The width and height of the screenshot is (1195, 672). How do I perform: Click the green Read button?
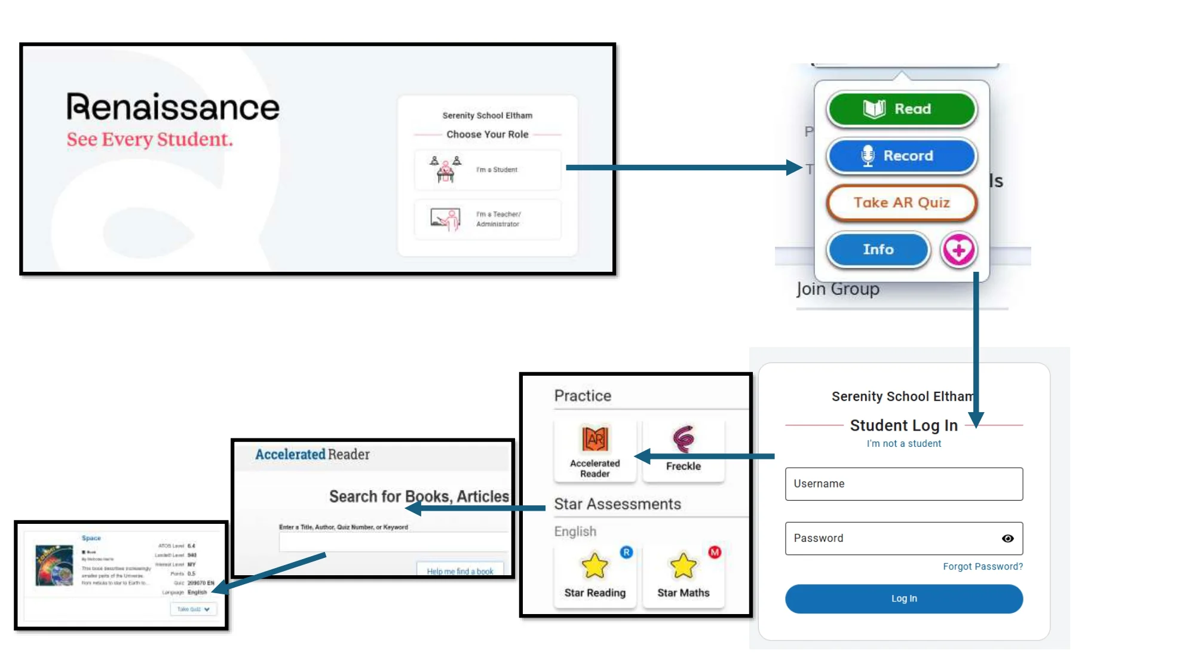click(901, 109)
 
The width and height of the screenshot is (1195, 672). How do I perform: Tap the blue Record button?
click(901, 156)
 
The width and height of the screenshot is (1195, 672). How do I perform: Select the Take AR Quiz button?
click(901, 202)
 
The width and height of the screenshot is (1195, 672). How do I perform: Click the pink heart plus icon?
click(958, 250)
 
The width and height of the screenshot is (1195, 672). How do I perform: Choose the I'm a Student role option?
click(488, 170)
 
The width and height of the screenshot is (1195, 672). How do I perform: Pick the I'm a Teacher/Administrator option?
click(488, 219)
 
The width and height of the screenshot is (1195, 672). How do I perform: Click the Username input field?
click(903, 484)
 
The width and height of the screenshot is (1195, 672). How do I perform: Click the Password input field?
click(890, 538)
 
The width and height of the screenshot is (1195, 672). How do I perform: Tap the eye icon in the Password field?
click(1007, 538)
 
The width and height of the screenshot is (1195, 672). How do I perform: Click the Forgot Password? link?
click(982, 566)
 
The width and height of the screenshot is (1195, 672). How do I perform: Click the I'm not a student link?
click(903, 443)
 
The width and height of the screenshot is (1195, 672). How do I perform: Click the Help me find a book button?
click(460, 570)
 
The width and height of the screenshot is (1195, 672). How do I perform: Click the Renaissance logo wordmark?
click(173, 108)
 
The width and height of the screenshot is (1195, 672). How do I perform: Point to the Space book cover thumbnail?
click(54, 564)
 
